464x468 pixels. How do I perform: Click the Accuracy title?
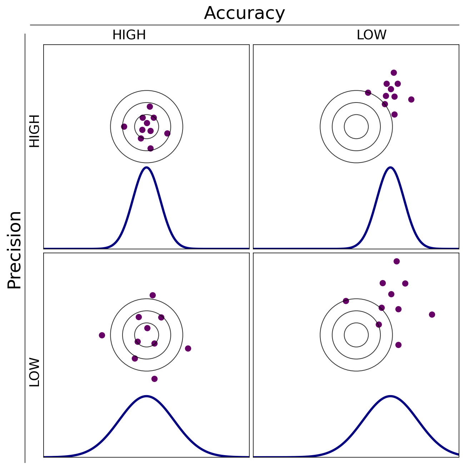coord(244,14)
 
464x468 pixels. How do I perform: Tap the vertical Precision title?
coord(15,250)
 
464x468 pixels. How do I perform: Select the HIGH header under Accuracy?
coord(129,35)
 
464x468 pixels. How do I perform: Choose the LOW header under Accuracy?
coord(371,35)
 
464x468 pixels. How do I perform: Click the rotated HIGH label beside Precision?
coord(34,131)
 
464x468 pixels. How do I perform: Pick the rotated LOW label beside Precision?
coord(34,372)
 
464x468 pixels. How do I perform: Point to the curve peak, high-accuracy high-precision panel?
coord(146,167)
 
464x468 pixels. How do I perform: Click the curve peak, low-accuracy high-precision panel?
coord(390,167)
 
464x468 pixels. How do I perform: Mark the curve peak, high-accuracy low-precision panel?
coord(146,396)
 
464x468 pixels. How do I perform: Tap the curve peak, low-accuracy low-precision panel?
coord(390,396)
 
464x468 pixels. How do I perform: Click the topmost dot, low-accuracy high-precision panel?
coord(394,73)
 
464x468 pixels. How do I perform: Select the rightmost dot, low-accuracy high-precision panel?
coord(411,99)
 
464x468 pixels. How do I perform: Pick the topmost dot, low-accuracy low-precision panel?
coord(396,261)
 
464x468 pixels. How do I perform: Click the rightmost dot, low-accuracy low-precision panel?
coord(432,314)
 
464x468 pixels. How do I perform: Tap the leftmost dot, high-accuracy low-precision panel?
coord(102,335)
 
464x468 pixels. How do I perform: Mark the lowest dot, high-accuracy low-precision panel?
coord(154,379)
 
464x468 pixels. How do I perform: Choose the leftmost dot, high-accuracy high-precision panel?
coord(124,126)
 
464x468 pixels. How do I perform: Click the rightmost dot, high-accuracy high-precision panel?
coord(167,133)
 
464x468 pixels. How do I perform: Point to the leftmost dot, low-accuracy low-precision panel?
coord(346,301)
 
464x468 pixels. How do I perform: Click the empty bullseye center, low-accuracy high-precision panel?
coord(356,126)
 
